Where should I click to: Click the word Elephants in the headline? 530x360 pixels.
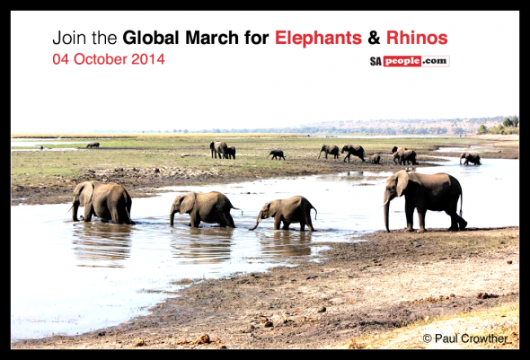pos(318,38)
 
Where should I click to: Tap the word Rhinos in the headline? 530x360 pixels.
pos(417,38)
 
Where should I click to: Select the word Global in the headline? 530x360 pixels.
pos(150,38)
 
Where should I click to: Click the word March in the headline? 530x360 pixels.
pos(212,38)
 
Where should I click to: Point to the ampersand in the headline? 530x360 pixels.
pos(374,38)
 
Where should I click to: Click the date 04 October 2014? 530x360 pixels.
pos(109,59)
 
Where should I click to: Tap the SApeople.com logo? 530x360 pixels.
pos(410,61)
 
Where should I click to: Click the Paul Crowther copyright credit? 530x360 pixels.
pos(465,338)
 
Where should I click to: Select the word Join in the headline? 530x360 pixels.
pos(70,38)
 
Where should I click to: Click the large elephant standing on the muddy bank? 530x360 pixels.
pos(425,201)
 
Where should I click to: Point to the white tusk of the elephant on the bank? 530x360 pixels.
pos(385,202)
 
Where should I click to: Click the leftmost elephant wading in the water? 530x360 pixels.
pos(102,202)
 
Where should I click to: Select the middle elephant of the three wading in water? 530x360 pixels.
pos(204,209)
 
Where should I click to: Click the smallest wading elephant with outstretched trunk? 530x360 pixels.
pos(286,214)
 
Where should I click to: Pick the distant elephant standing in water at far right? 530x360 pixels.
pos(470,158)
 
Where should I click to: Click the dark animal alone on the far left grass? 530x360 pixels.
pos(93,145)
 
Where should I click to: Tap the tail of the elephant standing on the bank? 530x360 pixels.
pos(461,205)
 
